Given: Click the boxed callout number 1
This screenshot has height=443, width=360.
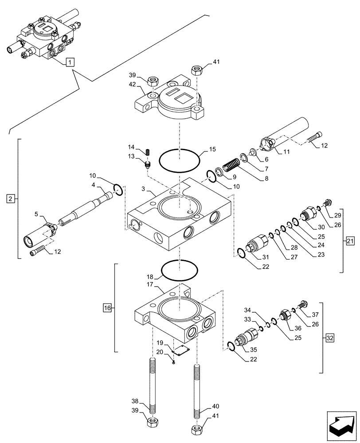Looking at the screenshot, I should click(70, 62).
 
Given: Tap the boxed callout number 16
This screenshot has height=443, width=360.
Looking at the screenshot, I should click(107, 307).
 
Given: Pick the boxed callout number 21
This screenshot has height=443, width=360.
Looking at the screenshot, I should click(350, 241).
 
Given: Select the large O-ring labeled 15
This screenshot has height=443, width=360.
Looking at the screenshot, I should click(179, 160).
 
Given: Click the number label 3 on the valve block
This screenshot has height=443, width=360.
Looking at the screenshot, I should click(144, 189).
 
